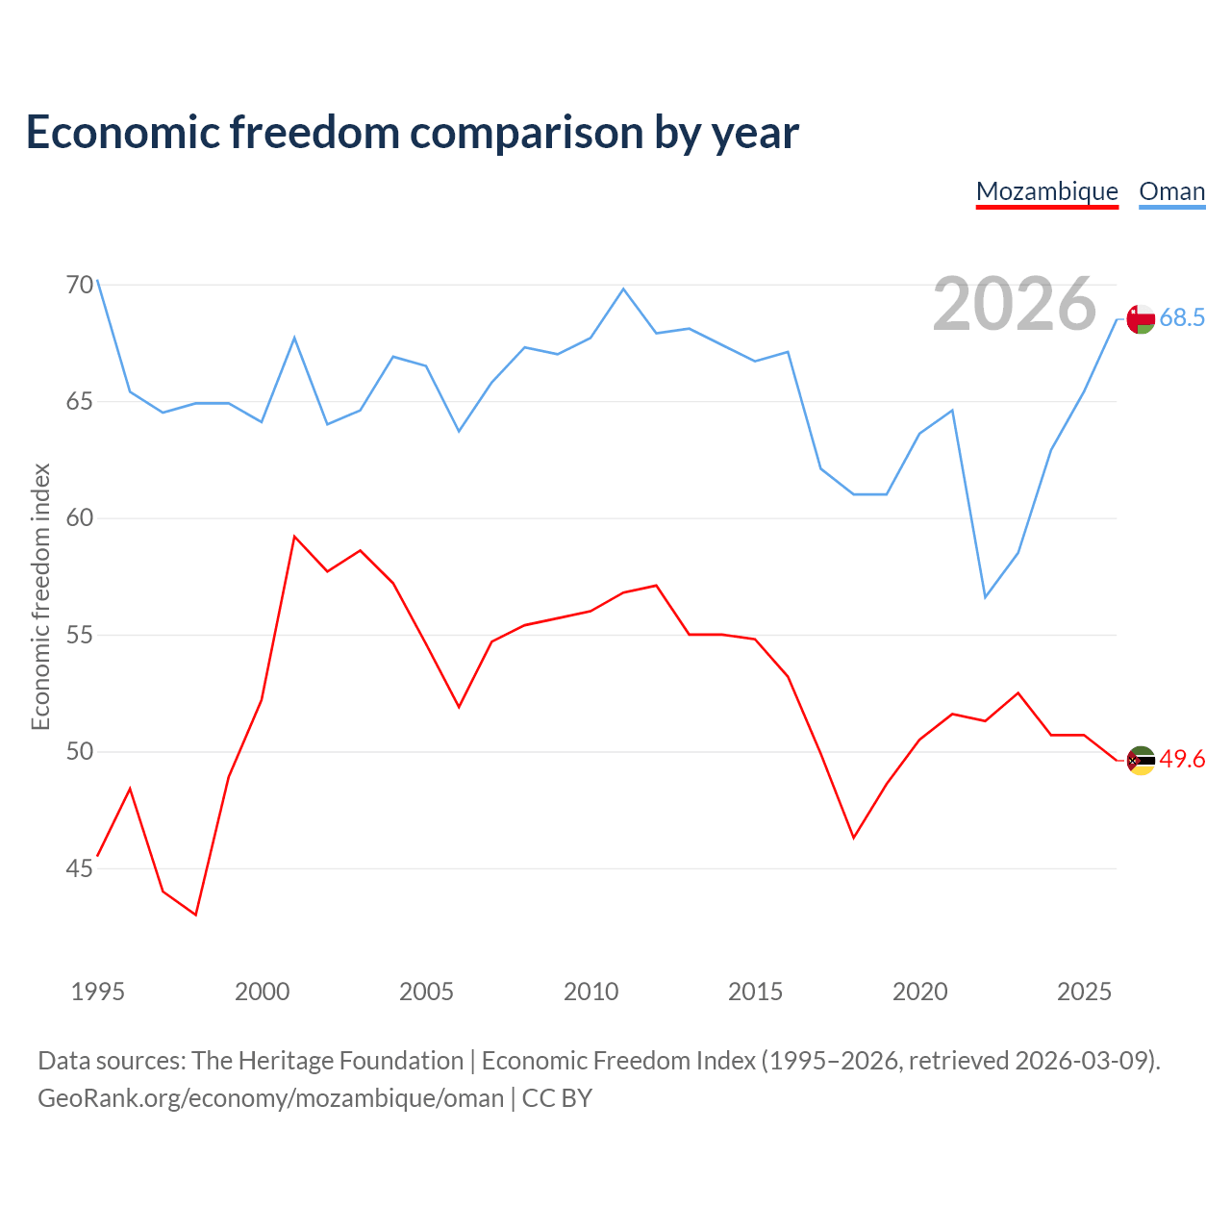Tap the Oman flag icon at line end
click(x=1141, y=318)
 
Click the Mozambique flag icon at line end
click(x=1141, y=760)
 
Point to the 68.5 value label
click(x=1182, y=317)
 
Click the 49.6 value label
click(x=1182, y=759)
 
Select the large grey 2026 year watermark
click(x=1014, y=304)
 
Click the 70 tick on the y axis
click(x=80, y=285)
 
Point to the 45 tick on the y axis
click(x=80, y=868)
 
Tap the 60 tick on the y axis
click(x=80, y=518)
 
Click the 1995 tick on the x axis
click(x=98, y=992)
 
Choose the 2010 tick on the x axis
click(x=590, y=992)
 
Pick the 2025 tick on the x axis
click(x=1084, y=992)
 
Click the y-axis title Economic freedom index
click(x=41, y=596)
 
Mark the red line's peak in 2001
click(x=294, y=537)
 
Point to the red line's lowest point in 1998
click(x=195, y=915)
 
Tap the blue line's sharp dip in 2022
click(x=985, y=597)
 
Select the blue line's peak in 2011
click(x=623, y=289)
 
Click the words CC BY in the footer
click(x=557, y=1098)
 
